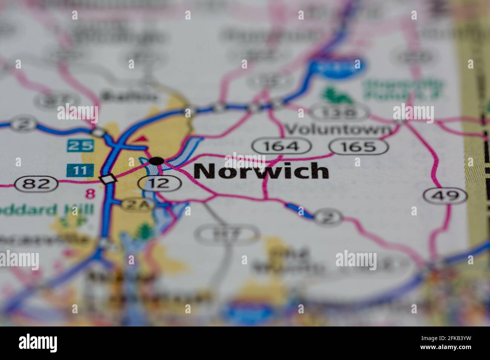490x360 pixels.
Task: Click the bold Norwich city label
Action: pyautogui.click(x=261, y=171)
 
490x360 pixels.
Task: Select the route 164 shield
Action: pyautogui.click(x=282, y=146)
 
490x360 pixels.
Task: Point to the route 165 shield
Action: pyautogui.click(x=358, y=146)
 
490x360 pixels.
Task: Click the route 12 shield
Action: pyautogui.click(x=159, y=183)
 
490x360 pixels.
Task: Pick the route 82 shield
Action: pyautogui.click(x=37, y=184)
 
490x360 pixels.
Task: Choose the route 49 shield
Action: pyautogui.click(x=445, y=195)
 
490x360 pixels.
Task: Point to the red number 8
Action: pyautogui.click(x=90, y=194)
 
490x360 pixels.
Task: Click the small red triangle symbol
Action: pyautogui.click(x=140, y=140)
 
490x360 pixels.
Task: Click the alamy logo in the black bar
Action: pyautogui.click(x=38, y=343)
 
